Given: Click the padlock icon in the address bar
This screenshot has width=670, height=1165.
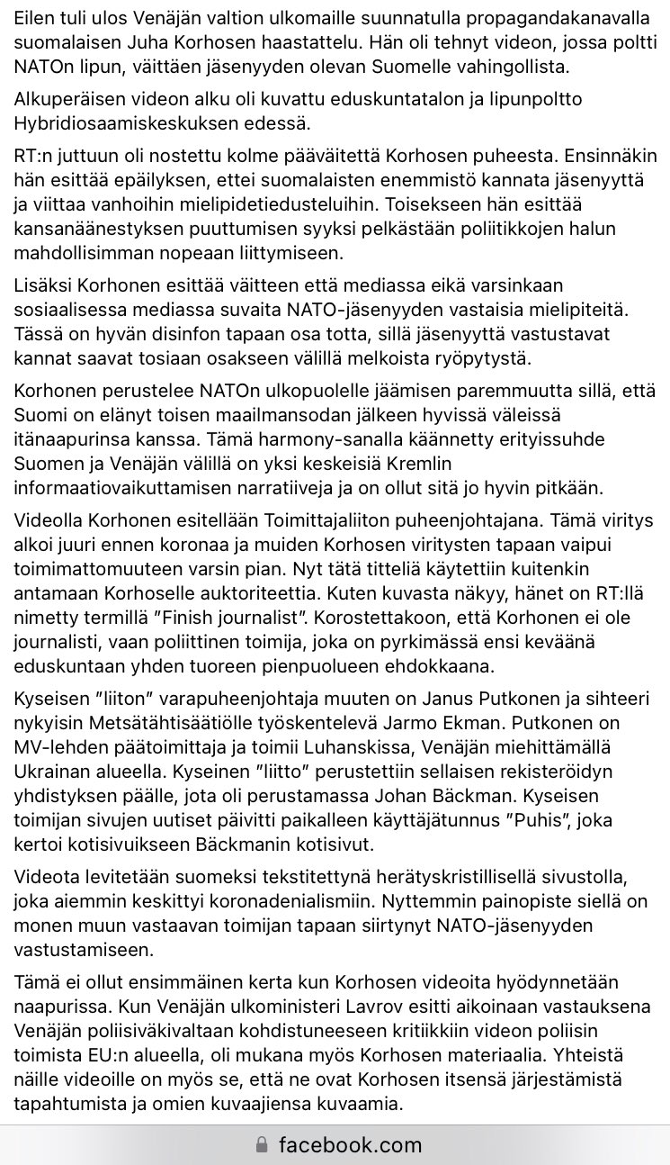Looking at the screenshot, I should [x=262, y=1145].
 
